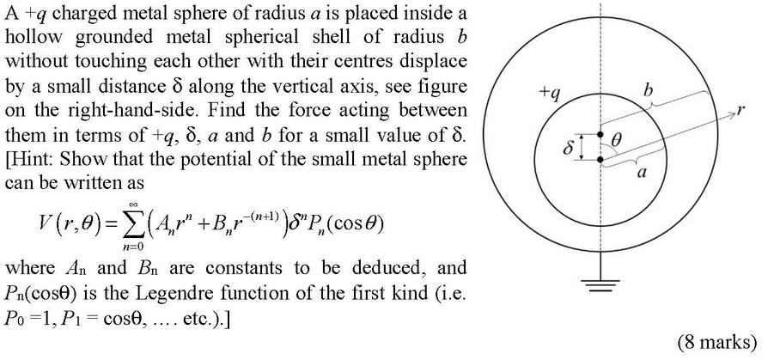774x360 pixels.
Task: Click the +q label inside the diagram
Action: [549, 95]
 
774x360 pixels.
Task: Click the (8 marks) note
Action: [717, 342]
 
